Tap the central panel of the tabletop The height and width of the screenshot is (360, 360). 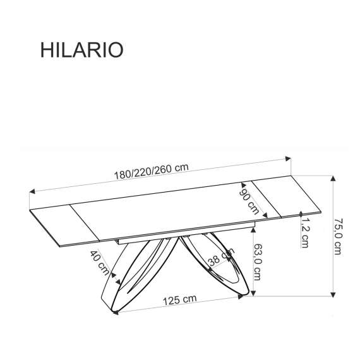[171, 212]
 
